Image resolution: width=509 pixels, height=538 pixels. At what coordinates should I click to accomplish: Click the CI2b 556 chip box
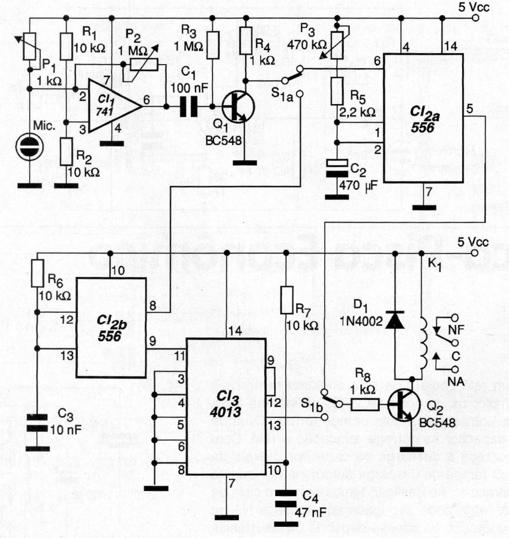(x=111, y=327)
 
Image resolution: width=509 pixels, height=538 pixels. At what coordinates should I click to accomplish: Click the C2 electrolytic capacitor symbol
(x=337, y=170)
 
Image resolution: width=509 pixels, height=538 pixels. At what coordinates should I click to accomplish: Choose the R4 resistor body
(x=246, y=39)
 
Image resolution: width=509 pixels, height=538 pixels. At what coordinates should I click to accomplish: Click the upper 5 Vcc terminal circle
(x=475, y=18)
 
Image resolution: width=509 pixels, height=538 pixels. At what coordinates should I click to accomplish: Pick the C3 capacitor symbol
(x=37, y=421)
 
